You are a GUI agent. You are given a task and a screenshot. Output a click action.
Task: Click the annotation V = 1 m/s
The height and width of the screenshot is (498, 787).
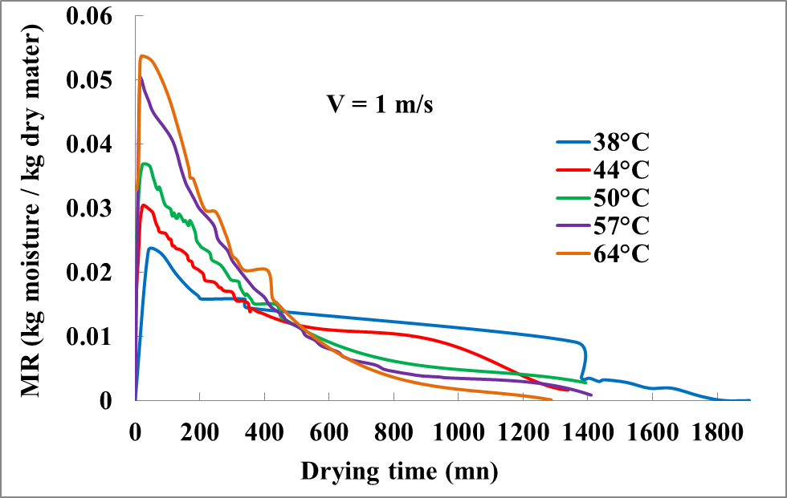tap(379, 105)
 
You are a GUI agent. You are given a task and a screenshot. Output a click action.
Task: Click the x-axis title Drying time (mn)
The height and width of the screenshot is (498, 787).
tap(399, 470)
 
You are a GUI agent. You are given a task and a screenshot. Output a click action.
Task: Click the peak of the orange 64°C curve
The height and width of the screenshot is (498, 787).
tap(143, 55)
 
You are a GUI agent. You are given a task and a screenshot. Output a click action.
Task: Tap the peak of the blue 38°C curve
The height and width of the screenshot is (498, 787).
tap(150, 247)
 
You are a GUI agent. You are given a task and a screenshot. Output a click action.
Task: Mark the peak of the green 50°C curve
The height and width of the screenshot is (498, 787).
tap(145, 164)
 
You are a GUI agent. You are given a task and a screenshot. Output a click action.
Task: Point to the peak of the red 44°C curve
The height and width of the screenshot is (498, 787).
tap(143, 204)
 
